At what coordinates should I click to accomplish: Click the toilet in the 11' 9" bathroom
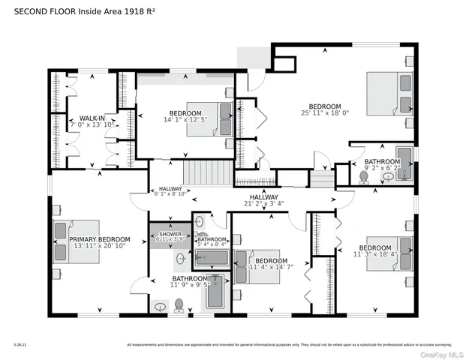pos(179,305)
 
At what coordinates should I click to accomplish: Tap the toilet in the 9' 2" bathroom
pos(364,177)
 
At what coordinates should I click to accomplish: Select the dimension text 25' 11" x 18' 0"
pos(325,113)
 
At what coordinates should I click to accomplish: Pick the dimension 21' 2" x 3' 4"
pos(284,202)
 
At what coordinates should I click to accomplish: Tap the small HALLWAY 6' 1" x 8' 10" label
pos(170,191)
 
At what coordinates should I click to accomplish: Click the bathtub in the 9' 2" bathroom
pos(404,163)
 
